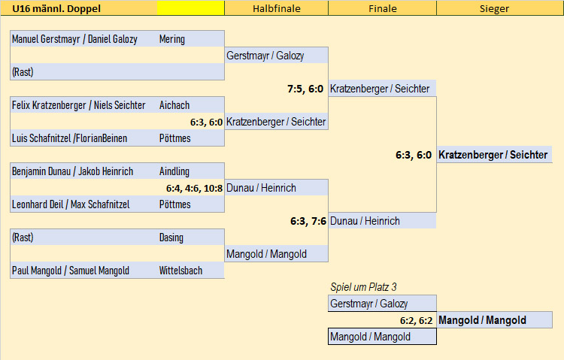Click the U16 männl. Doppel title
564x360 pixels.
[56, 8]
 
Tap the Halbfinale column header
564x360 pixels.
[276, 8]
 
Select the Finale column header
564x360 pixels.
[382, 8]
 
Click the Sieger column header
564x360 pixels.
[494, 8]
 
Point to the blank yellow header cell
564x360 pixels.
[191, 8]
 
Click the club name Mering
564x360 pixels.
[172, 39]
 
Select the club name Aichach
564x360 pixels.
[174, 105]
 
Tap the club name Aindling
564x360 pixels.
[174, 171]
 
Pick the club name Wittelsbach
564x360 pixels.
[180, 271]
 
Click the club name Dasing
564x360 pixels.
[171, 237]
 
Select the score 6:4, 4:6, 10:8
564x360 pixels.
[194, 188]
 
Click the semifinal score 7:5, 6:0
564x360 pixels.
[305, 89]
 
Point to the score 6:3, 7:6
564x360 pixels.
[308, 221]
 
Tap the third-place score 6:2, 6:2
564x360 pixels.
[416, 320]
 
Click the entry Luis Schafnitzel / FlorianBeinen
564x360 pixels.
[69, 138]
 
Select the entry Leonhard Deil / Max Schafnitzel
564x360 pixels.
[71, 204]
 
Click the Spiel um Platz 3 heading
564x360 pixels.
[363, 287]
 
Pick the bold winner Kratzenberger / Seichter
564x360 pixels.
[493, 155]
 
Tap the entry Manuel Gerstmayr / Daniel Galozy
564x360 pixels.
[74, 39]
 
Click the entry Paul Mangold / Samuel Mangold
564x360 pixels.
[71, 271]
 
